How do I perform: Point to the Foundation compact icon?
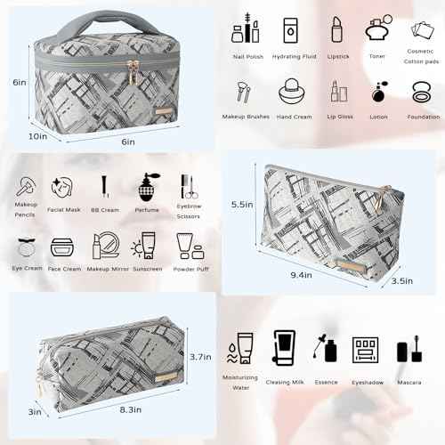422,92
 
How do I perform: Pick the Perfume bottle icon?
148,186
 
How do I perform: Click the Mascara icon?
409,347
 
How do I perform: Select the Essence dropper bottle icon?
325,347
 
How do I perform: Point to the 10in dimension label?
37,136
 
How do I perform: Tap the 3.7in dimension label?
200,356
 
